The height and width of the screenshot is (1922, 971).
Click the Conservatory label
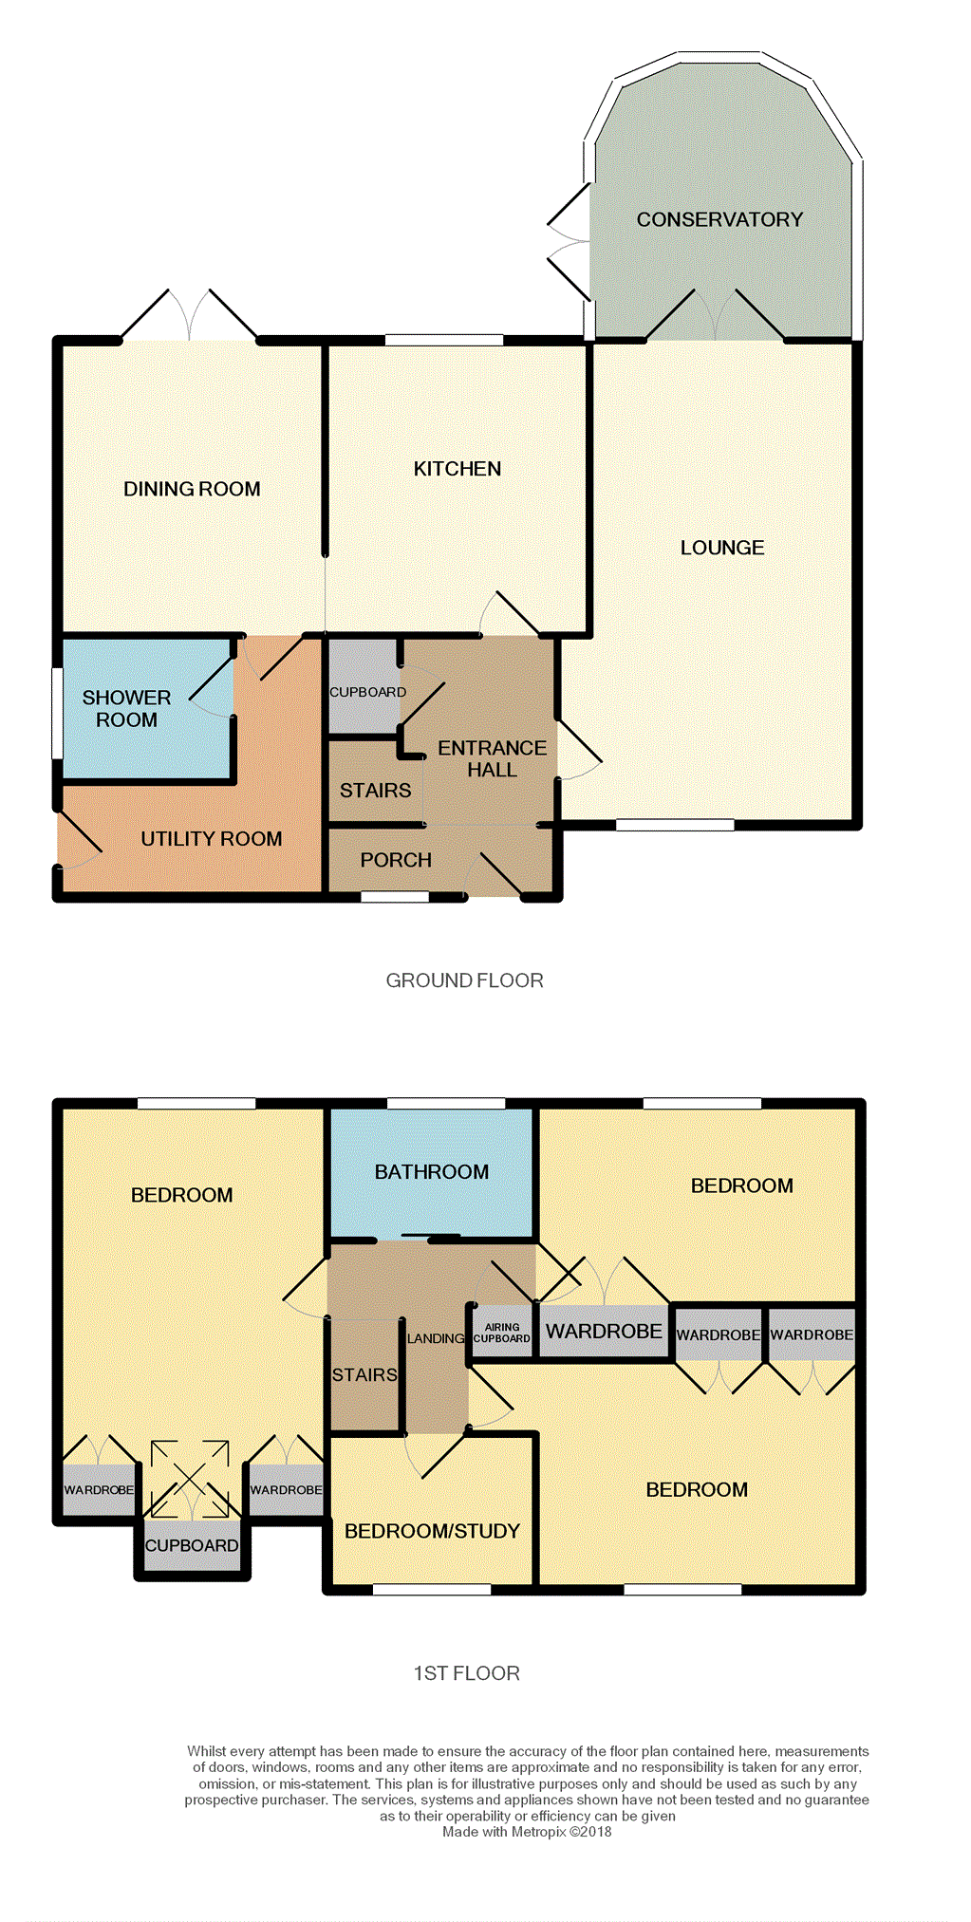point(719,219)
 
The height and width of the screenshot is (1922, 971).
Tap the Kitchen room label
point(457,469)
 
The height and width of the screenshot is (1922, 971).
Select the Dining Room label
point(192,489)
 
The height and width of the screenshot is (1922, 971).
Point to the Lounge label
point(722,548)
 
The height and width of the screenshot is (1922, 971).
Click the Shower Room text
point(126,709)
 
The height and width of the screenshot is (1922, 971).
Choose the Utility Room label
point(212,839)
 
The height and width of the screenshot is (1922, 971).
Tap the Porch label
point(396,860)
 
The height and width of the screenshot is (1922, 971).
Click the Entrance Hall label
point(492,759)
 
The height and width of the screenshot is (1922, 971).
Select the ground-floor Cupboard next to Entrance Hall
point(367,692)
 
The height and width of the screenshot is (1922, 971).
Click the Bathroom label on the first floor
point(432,1172)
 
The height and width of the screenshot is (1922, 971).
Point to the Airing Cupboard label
point(502,1334)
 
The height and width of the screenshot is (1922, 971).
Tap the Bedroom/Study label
point(432,1531)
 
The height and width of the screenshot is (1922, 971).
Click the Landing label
point(436,1338)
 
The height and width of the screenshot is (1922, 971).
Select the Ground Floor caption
point(465,980)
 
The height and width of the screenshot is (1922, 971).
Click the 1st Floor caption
point(466,1673)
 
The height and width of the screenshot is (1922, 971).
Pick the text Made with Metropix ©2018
point(527,1832)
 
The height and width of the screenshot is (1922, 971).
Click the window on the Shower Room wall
point(57,713)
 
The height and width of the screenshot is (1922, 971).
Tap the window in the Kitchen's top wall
point(443,340)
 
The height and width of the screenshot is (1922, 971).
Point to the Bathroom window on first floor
point(446,1103)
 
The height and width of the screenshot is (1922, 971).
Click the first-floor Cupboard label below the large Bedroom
point(192,1545)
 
